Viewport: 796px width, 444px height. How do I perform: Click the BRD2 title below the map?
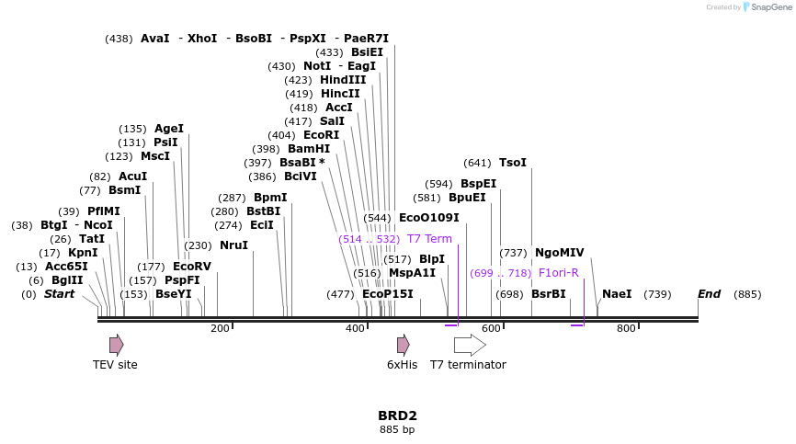(x=397, y=416)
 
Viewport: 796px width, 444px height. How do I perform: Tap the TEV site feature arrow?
(x=116, y=345)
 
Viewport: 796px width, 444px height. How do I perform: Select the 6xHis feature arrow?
(x=403, y=345)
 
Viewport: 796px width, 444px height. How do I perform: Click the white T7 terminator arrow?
(x=470, y=345)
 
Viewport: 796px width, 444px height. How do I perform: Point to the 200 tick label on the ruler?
(x=220, y=329)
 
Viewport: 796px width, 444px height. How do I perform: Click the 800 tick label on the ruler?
(x=626, y=329)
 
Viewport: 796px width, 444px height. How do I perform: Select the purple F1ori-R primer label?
(x=559, y=273)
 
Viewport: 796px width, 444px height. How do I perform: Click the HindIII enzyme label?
(x=343, y=80)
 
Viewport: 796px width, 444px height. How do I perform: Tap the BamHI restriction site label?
(x=309, y=149)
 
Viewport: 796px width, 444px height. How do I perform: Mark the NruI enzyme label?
(x=233, y=245)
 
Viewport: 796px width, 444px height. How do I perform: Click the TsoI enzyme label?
(x=513, y=163)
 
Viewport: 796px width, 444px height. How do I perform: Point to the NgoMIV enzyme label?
(x=560, y=253)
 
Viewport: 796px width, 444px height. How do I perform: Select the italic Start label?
(x=60, y=294)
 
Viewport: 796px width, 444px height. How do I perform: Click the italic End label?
(x=709, y=294)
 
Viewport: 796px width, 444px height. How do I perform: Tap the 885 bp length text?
(x=397, y=429)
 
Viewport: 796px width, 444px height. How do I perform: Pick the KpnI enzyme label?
(x=83, y=253)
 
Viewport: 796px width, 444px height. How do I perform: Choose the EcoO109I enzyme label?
(x=428, y=218)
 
